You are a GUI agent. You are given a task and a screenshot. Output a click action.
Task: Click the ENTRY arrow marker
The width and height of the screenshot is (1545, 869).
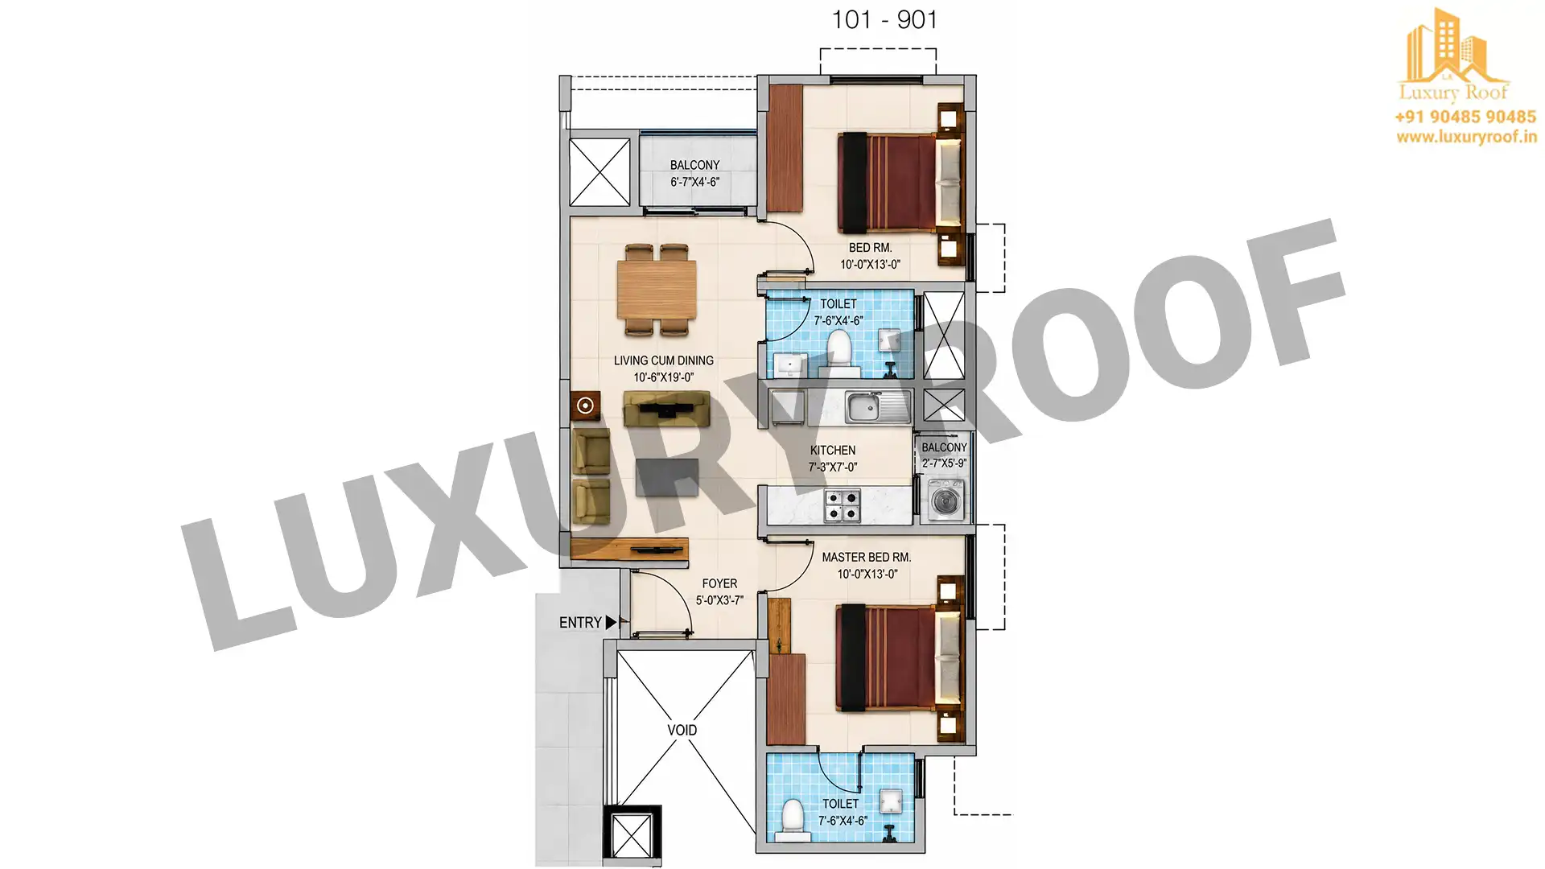coord(611,622)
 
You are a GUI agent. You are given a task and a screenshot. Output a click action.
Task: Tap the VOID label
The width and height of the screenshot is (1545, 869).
coord(682,730)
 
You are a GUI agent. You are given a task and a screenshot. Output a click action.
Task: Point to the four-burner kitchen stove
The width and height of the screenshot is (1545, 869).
coord(842,505)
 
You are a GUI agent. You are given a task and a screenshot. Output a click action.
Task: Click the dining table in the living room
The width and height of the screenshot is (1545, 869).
coord(657,290)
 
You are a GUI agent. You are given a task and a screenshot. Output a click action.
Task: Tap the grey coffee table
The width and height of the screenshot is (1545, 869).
coord(667,477)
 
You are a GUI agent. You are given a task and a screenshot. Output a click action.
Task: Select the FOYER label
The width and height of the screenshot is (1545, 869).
coord(719,583)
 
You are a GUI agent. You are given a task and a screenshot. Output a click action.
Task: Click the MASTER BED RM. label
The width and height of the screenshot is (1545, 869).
coord(867,557)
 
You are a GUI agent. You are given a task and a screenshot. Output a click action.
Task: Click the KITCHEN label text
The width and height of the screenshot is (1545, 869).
coord(833,450)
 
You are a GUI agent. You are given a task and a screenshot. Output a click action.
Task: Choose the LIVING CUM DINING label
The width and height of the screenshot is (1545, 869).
coord(664,360)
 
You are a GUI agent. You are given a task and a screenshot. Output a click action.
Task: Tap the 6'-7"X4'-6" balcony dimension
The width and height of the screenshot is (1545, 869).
coord(695,182)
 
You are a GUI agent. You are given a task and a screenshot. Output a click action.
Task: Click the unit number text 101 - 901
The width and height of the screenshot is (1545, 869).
coord(884,19)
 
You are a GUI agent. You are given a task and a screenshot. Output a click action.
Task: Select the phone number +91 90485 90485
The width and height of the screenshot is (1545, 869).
coord(1465,117)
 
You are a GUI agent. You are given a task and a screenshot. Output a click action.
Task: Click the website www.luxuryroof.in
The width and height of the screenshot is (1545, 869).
coord(1466,137)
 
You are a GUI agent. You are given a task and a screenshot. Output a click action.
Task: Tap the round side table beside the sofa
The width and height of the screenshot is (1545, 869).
coord(585,406)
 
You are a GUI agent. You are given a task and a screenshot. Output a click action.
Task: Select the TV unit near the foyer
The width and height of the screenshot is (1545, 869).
coord(629,549)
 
